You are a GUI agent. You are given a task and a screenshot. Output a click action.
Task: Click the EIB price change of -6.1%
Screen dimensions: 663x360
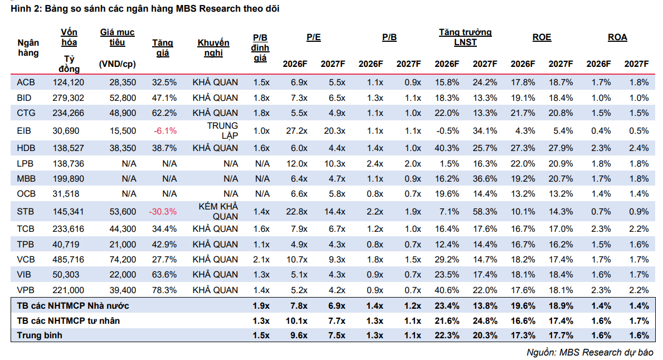165,131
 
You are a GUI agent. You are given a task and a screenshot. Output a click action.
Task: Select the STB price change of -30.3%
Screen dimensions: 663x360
163,212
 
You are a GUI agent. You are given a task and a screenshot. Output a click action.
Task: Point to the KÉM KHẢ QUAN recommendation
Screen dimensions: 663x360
218,212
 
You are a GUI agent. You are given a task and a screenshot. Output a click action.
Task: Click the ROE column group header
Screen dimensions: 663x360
542,37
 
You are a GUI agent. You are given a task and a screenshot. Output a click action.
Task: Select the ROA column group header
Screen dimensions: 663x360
617,37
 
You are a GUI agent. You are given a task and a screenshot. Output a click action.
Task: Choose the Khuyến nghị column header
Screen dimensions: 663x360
213,48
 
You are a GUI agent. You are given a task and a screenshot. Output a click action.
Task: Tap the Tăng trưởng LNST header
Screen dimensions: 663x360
465,37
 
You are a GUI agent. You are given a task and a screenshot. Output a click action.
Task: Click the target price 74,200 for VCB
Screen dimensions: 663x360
123,260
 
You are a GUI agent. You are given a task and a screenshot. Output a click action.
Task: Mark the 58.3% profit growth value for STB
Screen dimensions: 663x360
485,212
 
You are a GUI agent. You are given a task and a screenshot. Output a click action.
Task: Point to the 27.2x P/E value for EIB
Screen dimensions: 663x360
297,131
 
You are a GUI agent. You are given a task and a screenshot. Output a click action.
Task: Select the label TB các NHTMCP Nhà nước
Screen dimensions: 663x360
73,306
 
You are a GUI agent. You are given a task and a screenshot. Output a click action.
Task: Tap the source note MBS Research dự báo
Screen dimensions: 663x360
590,352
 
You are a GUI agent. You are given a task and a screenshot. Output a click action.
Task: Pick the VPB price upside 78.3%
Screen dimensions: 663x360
164,290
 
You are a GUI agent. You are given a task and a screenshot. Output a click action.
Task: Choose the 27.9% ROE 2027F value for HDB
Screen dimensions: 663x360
560,148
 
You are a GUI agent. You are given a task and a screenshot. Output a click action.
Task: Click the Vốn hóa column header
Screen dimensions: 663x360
69,37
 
